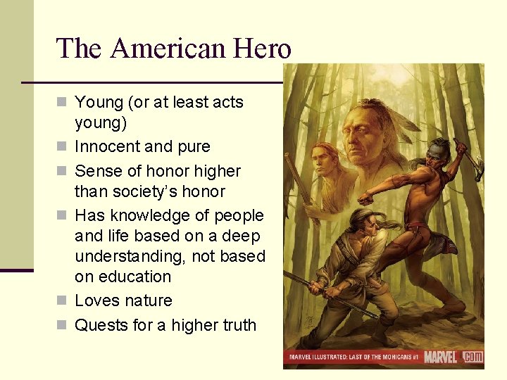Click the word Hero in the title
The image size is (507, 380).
(265, 49)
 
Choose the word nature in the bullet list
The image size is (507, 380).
(147, 300)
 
